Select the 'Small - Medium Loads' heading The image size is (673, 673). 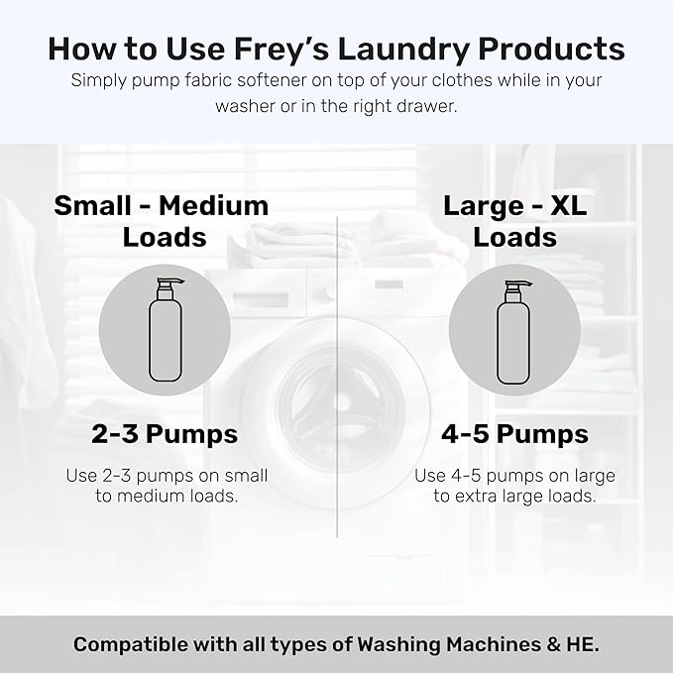click(x=162, y=221)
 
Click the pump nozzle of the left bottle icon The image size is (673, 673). click(x=164, y=286)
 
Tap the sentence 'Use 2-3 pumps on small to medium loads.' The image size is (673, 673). click(x=167, y=486)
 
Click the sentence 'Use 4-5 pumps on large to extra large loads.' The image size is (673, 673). click(x=514, y=486)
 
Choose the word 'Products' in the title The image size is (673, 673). click(x=562, y=49)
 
